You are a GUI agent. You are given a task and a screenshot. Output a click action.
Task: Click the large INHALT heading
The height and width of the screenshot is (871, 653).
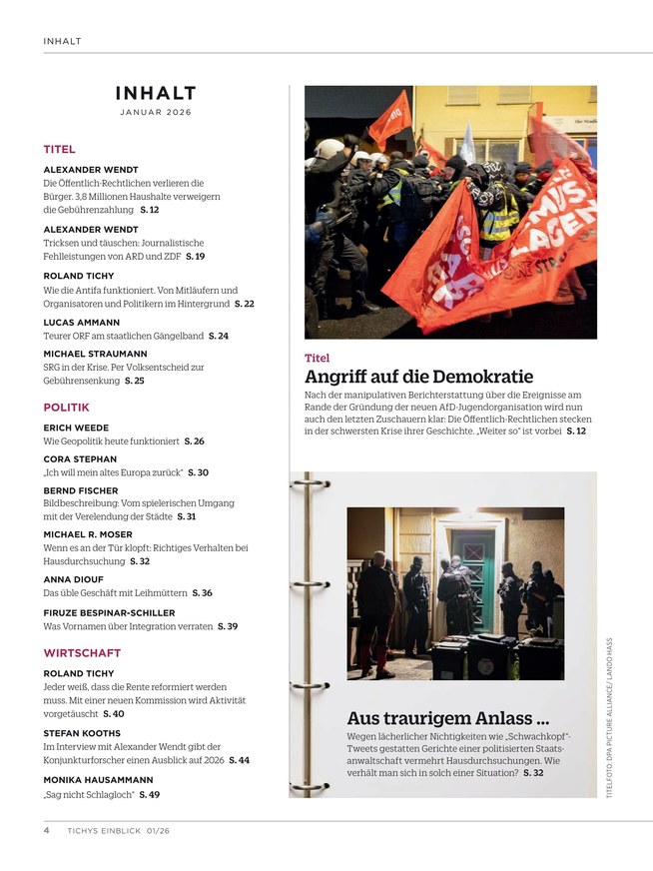point(155,94)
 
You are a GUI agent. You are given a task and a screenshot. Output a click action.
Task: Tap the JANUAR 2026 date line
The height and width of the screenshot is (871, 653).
point(155,113)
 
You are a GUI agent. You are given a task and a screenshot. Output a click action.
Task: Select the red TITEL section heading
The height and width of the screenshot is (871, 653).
point(59,150)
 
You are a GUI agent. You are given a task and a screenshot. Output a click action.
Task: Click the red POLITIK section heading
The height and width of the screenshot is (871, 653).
point(66,408)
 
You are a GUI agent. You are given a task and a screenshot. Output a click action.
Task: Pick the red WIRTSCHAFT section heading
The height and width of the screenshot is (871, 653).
point(82,653)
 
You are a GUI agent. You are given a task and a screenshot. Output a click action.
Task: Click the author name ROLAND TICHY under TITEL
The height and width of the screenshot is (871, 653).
point(79,276)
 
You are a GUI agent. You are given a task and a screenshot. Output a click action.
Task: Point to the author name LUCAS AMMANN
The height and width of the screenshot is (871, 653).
point(80,323)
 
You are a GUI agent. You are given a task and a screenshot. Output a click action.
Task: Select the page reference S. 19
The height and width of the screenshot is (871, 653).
point(195,257)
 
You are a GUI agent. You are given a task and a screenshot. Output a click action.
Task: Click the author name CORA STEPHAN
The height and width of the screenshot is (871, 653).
point(80,458)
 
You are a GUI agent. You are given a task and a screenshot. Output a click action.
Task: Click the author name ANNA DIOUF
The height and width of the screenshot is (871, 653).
point(73,579)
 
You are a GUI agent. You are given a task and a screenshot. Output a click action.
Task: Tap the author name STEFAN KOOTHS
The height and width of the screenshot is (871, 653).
point(82,733)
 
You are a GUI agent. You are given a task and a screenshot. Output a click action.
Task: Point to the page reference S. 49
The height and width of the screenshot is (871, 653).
point(149,794)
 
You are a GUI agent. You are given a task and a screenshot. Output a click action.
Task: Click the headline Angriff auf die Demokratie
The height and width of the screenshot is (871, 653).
point(418,377)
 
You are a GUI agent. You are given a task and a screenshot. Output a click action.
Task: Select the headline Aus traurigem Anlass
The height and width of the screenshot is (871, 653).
point(447,718)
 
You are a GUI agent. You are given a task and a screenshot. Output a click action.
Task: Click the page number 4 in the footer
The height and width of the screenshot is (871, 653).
point(47,829)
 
